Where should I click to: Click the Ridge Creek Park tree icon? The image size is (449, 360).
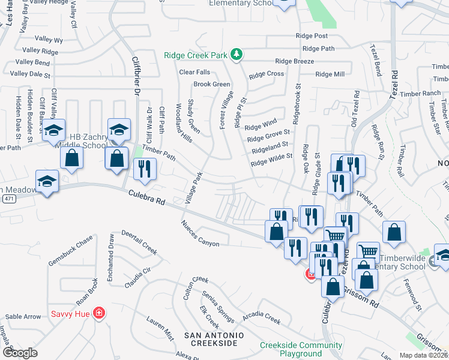click(237, 55)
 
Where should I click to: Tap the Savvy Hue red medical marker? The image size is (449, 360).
click(99, 313)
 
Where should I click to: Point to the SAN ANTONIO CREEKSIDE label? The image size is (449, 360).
click(214, 339)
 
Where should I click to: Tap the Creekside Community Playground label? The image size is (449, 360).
click(301, 349)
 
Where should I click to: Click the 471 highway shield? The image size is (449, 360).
click(7, 198)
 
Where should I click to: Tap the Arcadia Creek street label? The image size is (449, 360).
click(261, 317)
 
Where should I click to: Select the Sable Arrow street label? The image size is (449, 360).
click(23, 317)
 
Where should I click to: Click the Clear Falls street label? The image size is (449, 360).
click(194, 72)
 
